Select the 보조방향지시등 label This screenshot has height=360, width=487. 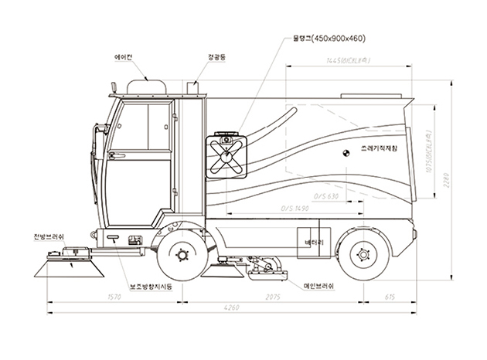point(149,287)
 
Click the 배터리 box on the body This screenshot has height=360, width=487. point(313,241)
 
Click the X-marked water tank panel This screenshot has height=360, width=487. point(226,157)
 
